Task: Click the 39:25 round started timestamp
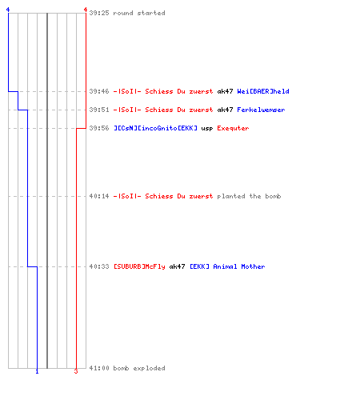click(x=99, y=13)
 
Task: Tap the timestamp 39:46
click(x=99, y=91)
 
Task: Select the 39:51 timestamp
click(x=99, y=110)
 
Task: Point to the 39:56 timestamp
click(x=99, y=128)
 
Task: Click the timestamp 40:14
click(x=99, y=196)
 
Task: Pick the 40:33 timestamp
click(x=99, y=266)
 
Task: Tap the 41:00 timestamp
click(x=99, y=368)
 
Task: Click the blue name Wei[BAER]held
click(x=263, y=91)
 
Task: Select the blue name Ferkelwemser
click(x=261, y=110)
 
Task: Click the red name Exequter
click(x=233, y=128)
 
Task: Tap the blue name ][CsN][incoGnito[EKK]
click(x=156, y=128)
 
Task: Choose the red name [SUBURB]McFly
click(x=139, y=266)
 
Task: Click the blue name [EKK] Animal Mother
click(x=227, y=266)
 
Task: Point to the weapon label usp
click(x=207, y=129)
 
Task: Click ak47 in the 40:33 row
click(x=177, y=266)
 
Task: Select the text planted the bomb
click(x=249, y=196)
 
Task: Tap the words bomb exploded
click(x=139, y=368)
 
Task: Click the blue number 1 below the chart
click(x=37, y=371)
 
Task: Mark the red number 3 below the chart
click(x=76, y=371)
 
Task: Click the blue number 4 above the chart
click(x=8, y=10)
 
